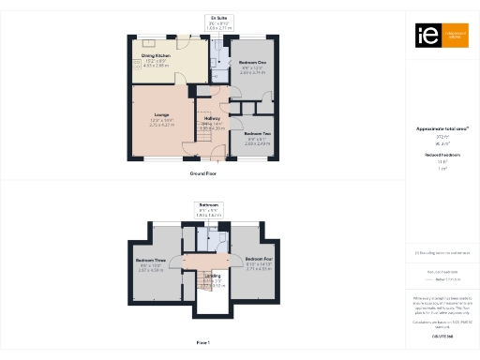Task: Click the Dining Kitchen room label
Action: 156,56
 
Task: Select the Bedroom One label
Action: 252,63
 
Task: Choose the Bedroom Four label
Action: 258,258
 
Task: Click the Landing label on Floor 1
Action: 213,275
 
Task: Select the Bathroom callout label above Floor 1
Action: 209,203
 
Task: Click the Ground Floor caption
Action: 202,174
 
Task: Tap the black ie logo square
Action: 423,36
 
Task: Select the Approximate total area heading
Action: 442,127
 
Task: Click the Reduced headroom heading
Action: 442,155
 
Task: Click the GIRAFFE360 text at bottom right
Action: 442,336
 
